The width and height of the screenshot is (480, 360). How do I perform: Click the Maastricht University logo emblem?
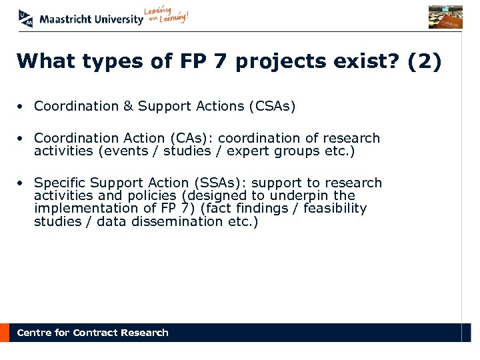(26, 18)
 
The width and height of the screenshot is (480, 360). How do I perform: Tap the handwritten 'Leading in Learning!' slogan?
(166, 17)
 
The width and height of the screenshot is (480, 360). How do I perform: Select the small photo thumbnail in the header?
(445, 17)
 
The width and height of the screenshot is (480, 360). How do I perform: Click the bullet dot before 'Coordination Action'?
(22, 139)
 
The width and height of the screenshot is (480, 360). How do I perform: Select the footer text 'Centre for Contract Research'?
(93, 333)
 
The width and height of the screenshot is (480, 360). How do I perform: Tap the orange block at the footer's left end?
(5, 333)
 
